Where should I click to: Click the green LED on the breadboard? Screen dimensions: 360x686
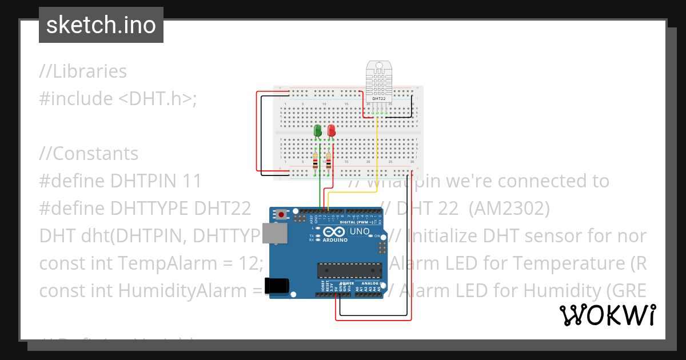click(318, 130)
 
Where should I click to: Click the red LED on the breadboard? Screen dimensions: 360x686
click(331, 130)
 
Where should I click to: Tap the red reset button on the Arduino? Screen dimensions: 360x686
click(281, 215)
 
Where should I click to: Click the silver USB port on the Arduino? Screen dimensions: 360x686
click(278, 234)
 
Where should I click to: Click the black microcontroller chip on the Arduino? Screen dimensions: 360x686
click(350, 270)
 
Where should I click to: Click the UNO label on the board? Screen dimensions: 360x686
click(360, 231)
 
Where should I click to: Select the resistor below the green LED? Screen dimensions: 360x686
click(315, 162)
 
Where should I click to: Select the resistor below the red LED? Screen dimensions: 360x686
click(328, 162)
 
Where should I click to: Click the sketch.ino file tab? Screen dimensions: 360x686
click(101, 25)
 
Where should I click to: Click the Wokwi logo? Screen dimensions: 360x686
click(607, 315)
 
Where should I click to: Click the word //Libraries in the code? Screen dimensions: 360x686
click(83, 71)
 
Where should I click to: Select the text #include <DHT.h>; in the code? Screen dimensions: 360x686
click(118, 99)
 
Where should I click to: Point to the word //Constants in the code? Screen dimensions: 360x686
click(89, 154)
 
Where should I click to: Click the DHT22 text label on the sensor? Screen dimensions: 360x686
click(378, 98)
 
